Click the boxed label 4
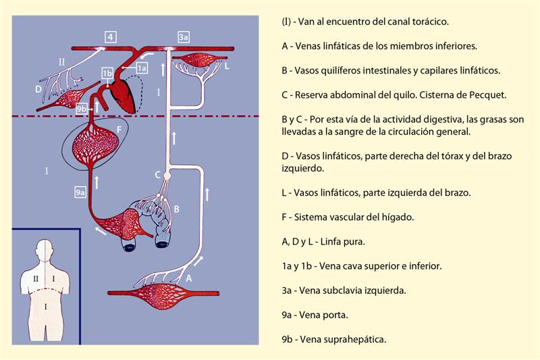111,37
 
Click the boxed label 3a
184,37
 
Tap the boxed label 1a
142,68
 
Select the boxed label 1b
107,74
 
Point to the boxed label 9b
81,109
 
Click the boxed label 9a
80,192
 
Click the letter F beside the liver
119,130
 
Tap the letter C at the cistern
157,175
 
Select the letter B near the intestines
177,209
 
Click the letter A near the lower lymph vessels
189,278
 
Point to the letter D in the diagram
38,89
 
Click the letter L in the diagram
227,66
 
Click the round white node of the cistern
167,176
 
